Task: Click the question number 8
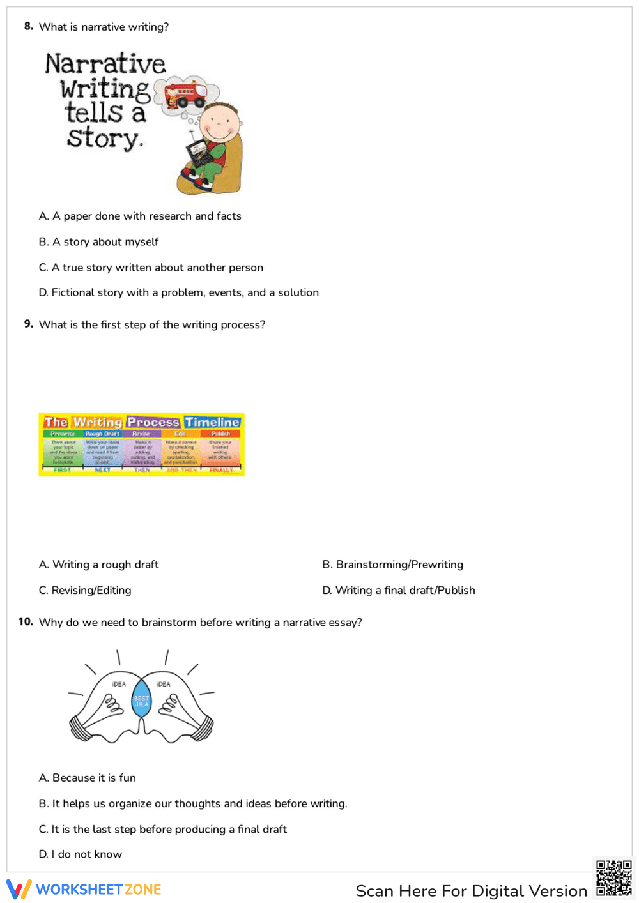28,26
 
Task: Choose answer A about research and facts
140,216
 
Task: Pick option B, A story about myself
98,241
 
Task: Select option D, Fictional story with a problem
178,292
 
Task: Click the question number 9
28,324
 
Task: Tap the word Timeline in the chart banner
212,422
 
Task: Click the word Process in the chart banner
153,422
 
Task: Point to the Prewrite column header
63,434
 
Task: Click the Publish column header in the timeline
220,434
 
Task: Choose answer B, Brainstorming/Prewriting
392,565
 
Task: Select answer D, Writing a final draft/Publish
398,590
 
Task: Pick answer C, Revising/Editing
85,590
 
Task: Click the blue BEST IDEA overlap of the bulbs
141,701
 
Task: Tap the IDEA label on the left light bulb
119,684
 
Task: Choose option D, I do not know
80,854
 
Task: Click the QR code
613,878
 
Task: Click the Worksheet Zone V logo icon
19,890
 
